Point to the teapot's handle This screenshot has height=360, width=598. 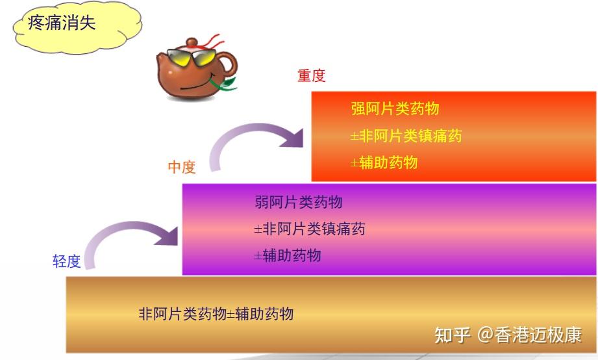[228, 64]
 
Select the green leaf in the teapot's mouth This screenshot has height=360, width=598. [226, 84]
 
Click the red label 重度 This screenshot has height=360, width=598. [311, 75]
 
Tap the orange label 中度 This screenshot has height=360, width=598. [182, 167]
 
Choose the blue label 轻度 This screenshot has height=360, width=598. [66, 261]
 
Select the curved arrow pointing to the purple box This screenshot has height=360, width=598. [126, 226]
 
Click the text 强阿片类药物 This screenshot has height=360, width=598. [395, 109]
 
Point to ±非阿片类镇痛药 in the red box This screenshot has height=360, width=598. [406, 136]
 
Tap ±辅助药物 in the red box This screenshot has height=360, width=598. [384, 162]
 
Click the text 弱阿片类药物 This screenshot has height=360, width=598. [299, 202]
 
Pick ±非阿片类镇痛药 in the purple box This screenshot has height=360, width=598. [310, 229]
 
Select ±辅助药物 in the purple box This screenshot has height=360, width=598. [288, 255]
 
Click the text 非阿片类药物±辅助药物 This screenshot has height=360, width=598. [216, 315]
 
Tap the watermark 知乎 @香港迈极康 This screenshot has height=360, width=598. [508, 335]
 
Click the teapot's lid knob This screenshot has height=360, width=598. [192, 42]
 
